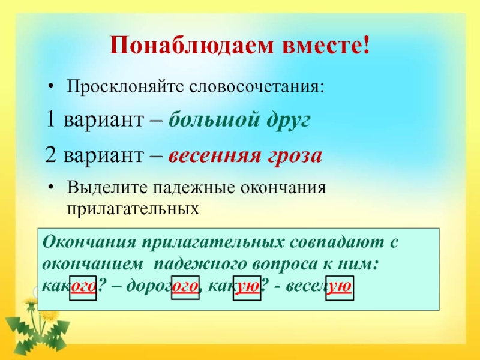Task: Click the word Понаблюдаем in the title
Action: [x=191, y=46]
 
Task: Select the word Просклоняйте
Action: [x=125, y=86]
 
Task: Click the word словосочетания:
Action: [x=257, y=86]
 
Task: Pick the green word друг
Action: [x=289, y=121]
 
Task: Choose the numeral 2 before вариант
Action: [x=50, y=155]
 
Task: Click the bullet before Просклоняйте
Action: [x=51, y=87]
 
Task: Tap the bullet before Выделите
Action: [x=51, y=187]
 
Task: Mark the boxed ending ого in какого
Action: [x=83, y=288]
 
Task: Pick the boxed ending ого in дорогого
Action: [x=185, y=288]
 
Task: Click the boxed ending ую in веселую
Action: [x=340, y=288]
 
